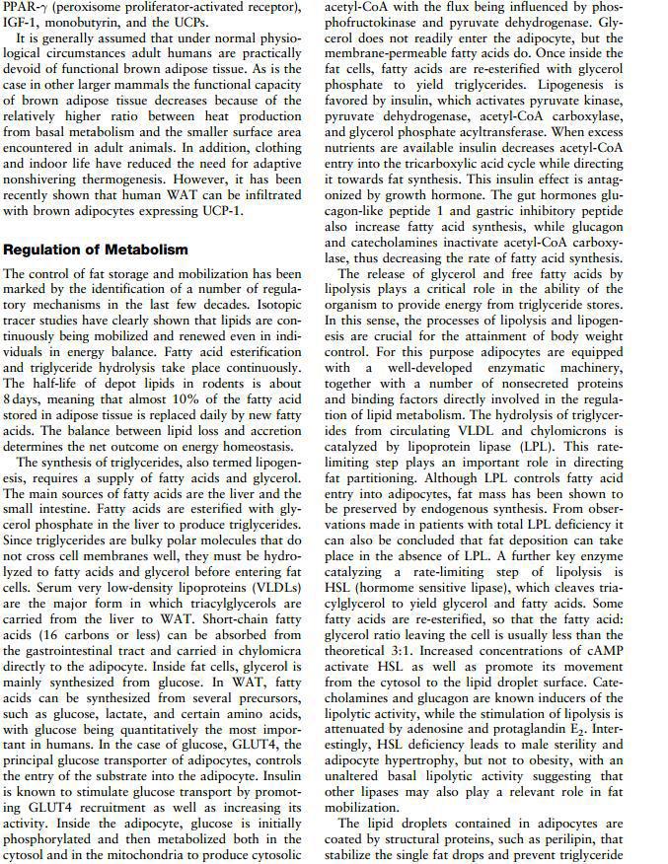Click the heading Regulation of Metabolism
point(96,249)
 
